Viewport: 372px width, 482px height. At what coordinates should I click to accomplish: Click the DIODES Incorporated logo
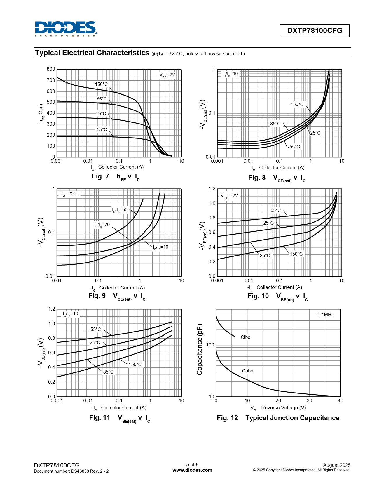tap(66, 29)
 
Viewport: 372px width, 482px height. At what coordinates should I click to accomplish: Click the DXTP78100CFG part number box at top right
tap(315, 31)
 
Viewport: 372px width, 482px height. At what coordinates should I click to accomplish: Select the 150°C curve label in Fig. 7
tap(101, 84)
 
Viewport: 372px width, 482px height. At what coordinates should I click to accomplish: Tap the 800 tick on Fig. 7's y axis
tap(51, 69)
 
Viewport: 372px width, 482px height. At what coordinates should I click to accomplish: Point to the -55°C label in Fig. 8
tap(294, 147)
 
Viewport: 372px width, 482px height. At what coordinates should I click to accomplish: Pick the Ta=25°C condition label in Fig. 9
tap(69, 194)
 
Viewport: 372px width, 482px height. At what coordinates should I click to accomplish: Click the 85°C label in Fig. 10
tap(265, 256)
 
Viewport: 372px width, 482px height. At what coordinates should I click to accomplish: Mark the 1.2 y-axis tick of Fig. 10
tap(212, 189)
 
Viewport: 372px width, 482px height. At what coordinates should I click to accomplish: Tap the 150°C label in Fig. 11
tap(135, 364)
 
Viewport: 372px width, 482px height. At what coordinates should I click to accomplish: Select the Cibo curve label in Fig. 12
tap(245, 337)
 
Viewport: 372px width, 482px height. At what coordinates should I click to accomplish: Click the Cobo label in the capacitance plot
tap(247, 371)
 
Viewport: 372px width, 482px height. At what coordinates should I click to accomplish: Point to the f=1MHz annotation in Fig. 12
tap(325, 315)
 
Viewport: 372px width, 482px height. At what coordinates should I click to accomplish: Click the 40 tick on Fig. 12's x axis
tap(340, 400)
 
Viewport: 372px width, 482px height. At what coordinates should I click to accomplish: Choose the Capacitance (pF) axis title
tap(200, 349)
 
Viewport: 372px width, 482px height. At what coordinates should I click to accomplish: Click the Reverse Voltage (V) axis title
tap(283, 408)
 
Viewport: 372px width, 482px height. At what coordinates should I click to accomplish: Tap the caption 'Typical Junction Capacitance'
tap(292, 418)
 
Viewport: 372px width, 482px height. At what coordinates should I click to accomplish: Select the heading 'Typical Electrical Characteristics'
tap(92, 53)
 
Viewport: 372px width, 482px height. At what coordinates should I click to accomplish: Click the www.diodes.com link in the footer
tap(192, 470)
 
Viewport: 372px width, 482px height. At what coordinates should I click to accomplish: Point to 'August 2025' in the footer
tap(337, 465)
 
